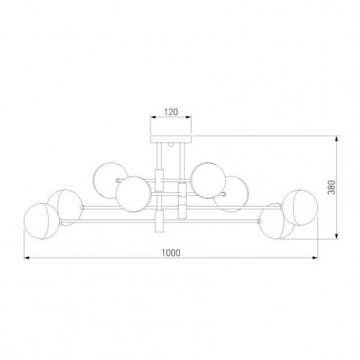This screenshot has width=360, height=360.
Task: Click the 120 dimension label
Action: [x=171, y=112]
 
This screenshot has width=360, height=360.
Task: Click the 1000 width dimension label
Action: [x=171, y=253]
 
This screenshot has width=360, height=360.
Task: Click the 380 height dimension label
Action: [x=331, y=187]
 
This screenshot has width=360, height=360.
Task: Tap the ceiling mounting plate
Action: [x=171, y=139]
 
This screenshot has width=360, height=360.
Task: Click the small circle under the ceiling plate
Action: [x=171, y=145]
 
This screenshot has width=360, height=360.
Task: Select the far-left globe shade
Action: [x=42, y=221]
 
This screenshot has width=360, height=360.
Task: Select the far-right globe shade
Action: [x=300, y=207]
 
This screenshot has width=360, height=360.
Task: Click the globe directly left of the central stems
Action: [x=133, y=194]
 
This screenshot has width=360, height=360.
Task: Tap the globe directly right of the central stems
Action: [x=208, y=181]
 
